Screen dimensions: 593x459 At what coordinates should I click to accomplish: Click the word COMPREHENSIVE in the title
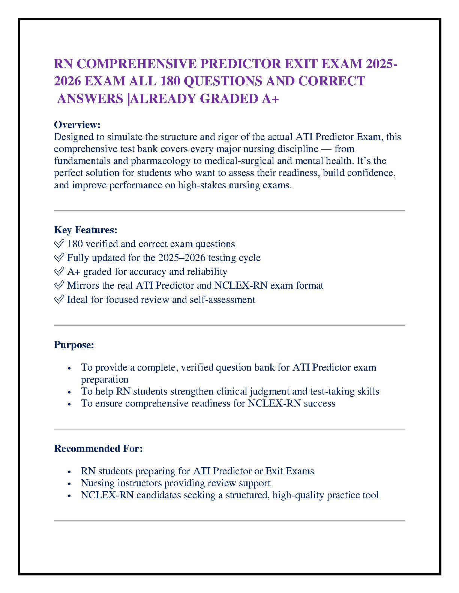click(x=136, y=64)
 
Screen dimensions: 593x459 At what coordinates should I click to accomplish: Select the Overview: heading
click(x=77, y=125)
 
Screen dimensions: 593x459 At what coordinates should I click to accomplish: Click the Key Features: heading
click(x=85, y=230)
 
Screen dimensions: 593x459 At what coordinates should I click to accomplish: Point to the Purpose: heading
click(x=74, y=345)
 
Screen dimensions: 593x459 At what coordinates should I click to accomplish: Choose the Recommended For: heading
click(x=98, y=448)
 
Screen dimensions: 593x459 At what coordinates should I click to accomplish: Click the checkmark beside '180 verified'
click(x=59, y=244)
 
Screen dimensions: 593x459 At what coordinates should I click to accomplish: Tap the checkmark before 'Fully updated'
click(x=59, y=258)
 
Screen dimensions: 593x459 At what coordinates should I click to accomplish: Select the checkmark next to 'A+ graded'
click(x=59, y=272)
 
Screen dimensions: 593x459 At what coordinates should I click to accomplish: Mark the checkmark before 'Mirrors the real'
click(x=59, y=286)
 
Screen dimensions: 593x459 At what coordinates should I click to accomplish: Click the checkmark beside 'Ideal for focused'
click(x=59, y=300)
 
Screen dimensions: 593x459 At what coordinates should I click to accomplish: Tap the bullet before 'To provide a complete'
click(x=69, y=368)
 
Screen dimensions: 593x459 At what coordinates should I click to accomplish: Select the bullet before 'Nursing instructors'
click(x=69, y=484)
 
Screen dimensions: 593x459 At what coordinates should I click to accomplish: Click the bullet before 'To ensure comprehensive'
click(x=69, y=404)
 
